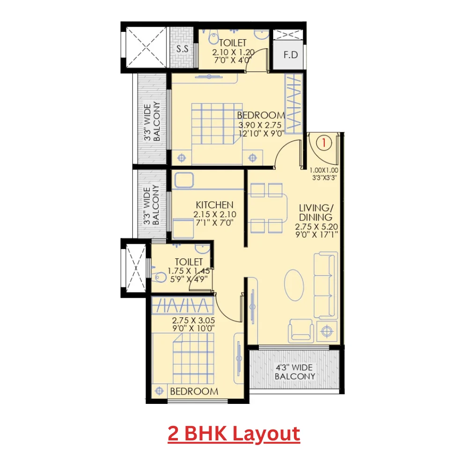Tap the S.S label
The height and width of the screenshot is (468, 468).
[182, 48]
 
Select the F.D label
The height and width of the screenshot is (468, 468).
[291, 55]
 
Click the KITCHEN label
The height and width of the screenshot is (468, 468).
[214, 205]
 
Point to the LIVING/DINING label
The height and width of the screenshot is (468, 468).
[316, 212]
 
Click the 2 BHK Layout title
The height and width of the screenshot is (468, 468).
[234, 434]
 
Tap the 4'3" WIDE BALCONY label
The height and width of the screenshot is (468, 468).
[295, 372]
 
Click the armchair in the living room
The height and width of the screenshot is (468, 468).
[301, 330]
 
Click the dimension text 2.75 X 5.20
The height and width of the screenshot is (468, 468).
[316, 227]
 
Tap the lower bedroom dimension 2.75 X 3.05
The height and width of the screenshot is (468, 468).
[193, 321]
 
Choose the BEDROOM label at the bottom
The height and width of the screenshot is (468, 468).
[194, 391]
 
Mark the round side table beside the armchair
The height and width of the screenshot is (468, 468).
[327, 331]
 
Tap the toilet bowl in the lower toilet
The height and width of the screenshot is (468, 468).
[160, 277]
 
